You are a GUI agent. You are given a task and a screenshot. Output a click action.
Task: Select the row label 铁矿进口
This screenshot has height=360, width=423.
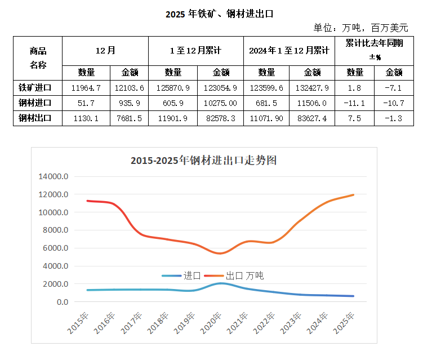[x=35, y=87]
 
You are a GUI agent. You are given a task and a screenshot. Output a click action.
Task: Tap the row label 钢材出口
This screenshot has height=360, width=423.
[x=35, y=118]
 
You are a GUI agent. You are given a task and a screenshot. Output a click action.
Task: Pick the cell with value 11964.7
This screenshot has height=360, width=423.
[x=86, y=87]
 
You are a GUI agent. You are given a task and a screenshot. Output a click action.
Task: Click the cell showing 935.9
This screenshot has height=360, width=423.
[x=130, y=103]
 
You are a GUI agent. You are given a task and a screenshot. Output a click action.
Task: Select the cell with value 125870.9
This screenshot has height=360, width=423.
[x=173, y=87]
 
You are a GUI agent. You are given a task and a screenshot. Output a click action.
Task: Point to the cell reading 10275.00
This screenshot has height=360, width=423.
[x=220, y=103]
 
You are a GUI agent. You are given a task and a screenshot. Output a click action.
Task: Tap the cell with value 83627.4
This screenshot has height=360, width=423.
[x=312, y=118]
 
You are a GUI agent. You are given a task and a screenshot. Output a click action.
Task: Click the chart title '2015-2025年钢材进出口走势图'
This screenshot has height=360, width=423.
[x=203, y=161]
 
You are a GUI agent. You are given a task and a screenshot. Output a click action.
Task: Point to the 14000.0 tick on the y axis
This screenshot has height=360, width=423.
[x=54, y=176]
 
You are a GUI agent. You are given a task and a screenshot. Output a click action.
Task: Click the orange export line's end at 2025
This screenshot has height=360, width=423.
[x=353, y=195]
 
